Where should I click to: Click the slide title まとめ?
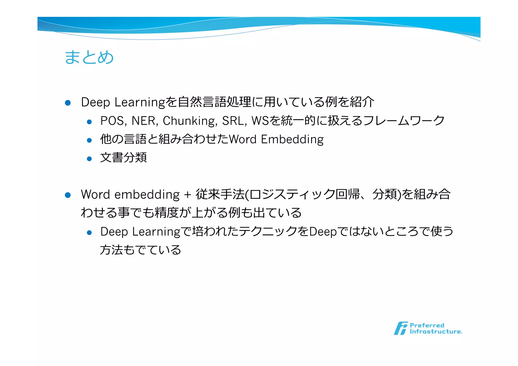coord(89,57)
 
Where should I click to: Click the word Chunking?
coord(190,121)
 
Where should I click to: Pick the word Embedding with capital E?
coord(292,139)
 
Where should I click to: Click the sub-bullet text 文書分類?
coord(123,158)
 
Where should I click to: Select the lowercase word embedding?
coord(147,195)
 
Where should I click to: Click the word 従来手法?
coord(220,195)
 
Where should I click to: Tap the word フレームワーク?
coord(404,121)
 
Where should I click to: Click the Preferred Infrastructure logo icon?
coord(401,328)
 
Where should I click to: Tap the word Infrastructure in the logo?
coord(436,332)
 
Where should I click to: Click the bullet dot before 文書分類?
coord(89,159)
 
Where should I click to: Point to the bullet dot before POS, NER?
coord(89,122)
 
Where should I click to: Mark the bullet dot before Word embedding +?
coord(68,195)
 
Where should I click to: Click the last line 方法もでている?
coord(140,250)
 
